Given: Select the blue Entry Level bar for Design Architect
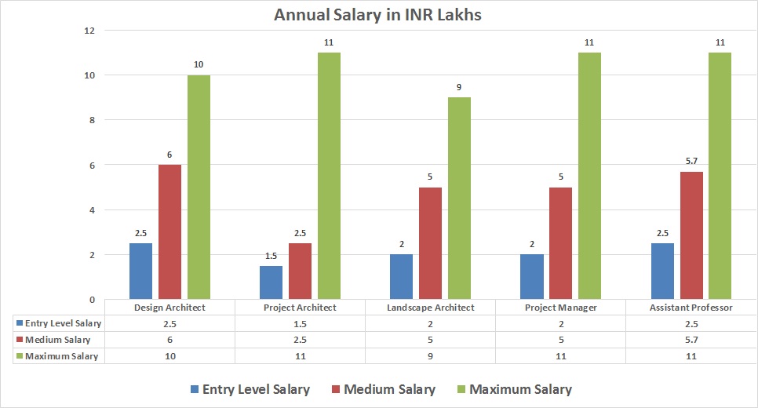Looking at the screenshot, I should pos(141,271).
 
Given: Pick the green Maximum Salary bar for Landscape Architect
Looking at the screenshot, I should pos(459,199).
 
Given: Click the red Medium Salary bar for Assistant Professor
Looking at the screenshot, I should pos(691,235).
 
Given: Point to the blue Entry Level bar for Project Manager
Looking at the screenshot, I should pos(532,277).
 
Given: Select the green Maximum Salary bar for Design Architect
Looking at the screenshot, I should pos(199,188).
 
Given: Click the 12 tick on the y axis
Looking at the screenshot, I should pos(89,31).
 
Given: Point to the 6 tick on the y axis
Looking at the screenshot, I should pos(91,166).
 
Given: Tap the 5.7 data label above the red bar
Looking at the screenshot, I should pos(691,162).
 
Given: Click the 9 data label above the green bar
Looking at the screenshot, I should pos(459,88).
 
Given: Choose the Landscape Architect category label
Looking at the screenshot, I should pos(431,308).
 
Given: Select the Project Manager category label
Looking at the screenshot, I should pos(561,308).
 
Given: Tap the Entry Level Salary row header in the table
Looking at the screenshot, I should pos(63,323).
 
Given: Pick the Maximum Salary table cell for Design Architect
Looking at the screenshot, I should pos(170,356).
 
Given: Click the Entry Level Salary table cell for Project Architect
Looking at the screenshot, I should pos(301,323).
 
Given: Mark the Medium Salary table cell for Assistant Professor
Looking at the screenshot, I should pos(691,340).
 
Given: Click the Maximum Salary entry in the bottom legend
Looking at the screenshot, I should pos(520,389).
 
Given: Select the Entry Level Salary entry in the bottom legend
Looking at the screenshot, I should pos(256,389).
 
